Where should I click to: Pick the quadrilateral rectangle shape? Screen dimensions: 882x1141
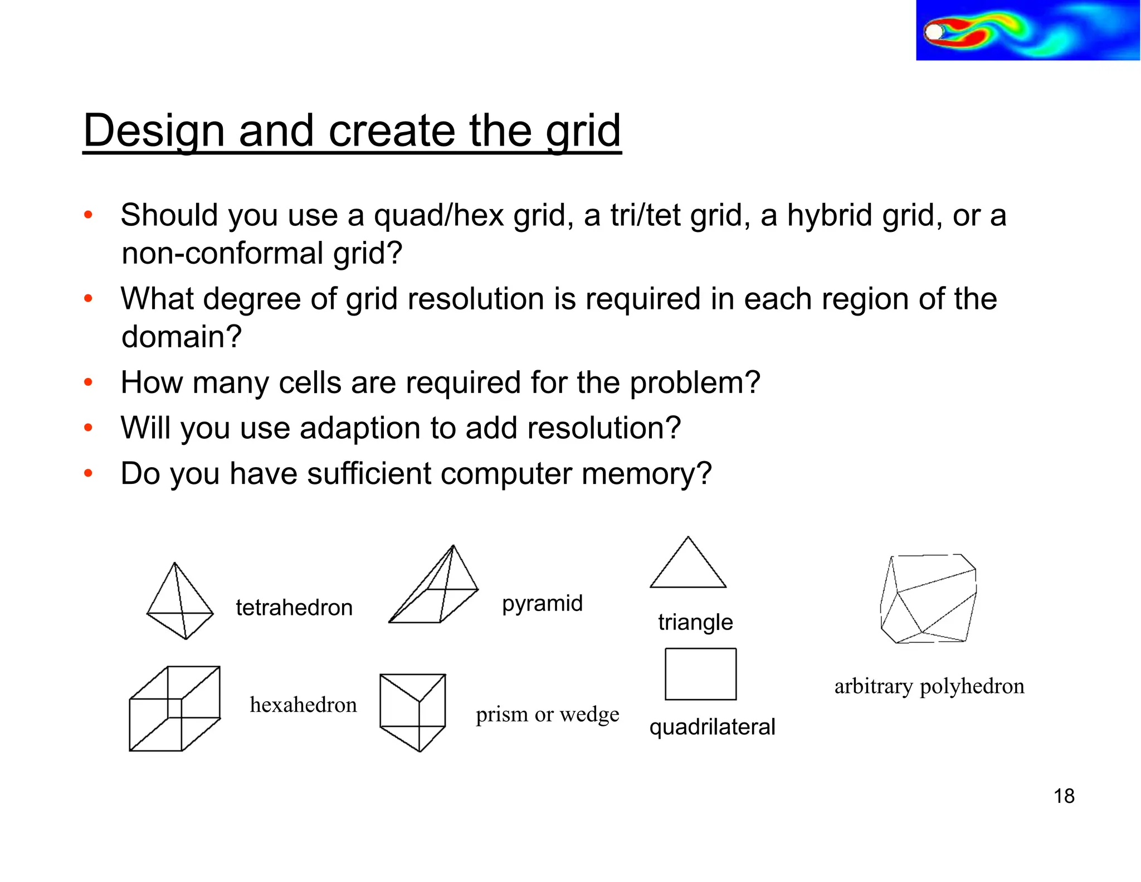(700, 674)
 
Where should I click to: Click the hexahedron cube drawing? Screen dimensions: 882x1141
(174, 709)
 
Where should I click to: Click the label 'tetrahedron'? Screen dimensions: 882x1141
(294, 607)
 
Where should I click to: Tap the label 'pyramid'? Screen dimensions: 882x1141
(542, 604)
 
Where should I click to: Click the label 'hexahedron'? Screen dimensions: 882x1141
(303, 705)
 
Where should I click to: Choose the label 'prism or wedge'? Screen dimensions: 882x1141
(547, 714)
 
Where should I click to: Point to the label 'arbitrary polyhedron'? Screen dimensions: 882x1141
(929, 686)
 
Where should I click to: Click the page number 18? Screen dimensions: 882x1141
(1064, 796)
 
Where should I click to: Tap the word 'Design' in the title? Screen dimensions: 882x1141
(154, 131)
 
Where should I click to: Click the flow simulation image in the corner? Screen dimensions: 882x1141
(1027, 30)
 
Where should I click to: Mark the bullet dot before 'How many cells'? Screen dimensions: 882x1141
(88, 382)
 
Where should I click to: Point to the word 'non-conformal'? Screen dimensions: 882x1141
(222, 253)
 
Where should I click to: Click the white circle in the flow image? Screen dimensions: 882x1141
(934, 32)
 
